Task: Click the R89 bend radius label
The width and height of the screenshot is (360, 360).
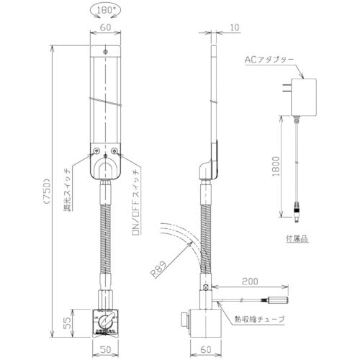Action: pos(161,271)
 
